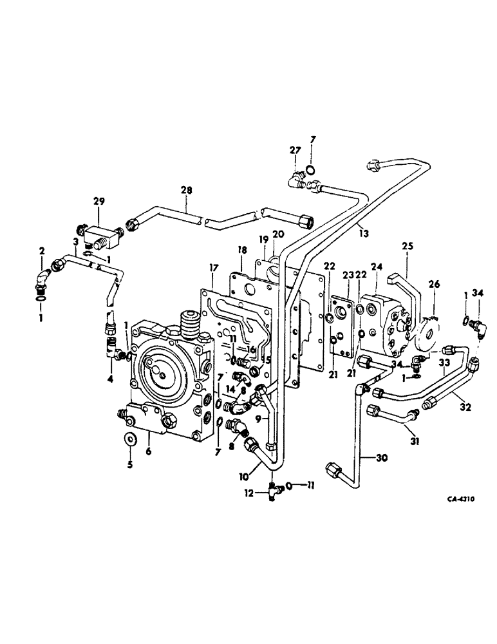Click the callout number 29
coord(98,202)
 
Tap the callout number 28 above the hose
coord(186,191)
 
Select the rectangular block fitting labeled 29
coord(100,236)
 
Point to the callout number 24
coord(375,266)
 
